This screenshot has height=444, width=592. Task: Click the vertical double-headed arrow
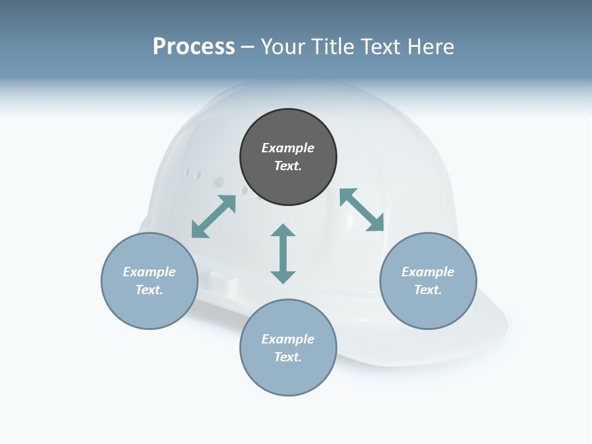click(283, 253)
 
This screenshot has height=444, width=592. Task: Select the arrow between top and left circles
click(213, 216)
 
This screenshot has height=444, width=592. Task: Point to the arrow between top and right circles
click(361, 210)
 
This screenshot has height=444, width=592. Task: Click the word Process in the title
click(194, 46)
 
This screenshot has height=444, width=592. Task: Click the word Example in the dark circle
click(288, 148)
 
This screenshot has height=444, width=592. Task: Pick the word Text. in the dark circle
click(288, 166)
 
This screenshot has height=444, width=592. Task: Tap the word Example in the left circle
click(149, 272)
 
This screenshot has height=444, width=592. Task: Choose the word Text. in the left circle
click(149, 290)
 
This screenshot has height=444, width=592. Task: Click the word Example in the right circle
click(428, 272)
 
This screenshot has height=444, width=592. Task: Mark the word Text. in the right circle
click(428, 290)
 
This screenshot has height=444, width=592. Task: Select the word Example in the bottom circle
click(288, 339)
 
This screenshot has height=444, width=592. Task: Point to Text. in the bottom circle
click(288, 357)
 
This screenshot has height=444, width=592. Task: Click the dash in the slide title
click(247, 47)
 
